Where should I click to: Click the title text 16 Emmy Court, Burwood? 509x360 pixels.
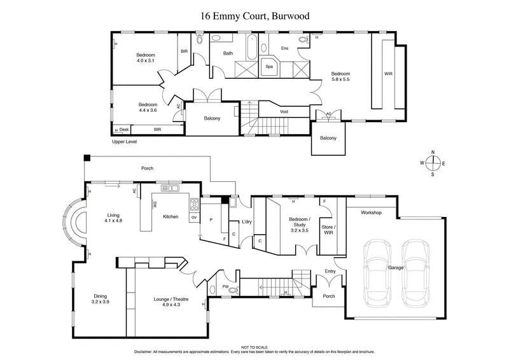(x=254, y=17)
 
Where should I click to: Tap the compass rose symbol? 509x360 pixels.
(x=433, y=163)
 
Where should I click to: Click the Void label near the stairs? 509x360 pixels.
(x=284, y=112)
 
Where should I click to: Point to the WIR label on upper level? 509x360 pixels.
(x=388, y=74)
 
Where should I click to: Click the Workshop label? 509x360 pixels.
(x=371, y=212)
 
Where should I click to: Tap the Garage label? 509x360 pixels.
(x=396, y=268)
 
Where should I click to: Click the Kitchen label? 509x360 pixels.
(x=171, y=217)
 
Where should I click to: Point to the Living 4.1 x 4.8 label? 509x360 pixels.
(x=114, y=218)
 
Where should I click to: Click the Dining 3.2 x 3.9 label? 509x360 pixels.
(x=100, y=299)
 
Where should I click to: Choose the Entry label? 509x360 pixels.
(x=330, y=272)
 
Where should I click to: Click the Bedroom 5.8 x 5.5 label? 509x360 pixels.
(x=341, y=77)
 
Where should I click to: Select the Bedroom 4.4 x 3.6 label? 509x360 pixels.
(x=148, y=107)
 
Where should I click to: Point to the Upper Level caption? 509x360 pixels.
(x=125, y=141)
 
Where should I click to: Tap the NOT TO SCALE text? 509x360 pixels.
(x=254, y=347)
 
